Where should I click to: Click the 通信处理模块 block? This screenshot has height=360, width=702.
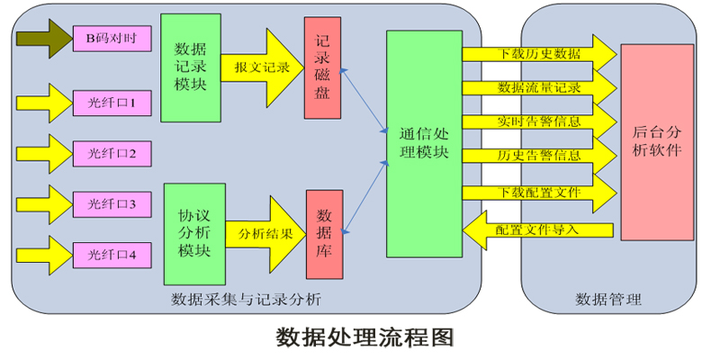(x=424, y=142)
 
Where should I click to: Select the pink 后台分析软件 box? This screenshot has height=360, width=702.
(x=656, y=141)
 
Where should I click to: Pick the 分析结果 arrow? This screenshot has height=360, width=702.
(x=265, y=232)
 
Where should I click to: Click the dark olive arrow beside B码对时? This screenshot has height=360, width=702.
(x=42, y=38)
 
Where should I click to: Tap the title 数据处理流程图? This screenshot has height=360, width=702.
(x=364, y=337)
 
